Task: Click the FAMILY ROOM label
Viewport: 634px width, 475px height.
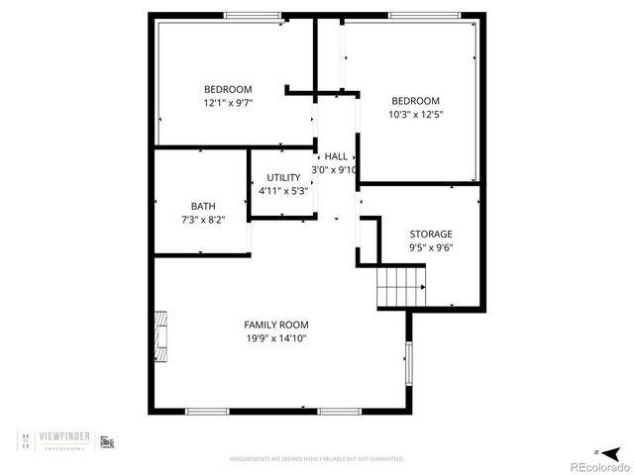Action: coord(276,325)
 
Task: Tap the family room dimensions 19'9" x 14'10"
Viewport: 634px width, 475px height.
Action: coord(276,338)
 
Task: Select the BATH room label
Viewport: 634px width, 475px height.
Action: coord(202,206)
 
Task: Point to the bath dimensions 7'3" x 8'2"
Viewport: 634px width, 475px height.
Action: coord(202,220)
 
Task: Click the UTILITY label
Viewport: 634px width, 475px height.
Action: coord(283,177)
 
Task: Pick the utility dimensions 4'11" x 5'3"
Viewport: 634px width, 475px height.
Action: coord(283,190)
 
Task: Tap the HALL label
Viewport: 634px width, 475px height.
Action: coord(336,156)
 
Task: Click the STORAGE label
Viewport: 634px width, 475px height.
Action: coord(431,235)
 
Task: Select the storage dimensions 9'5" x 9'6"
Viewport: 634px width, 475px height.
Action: coord(431,248)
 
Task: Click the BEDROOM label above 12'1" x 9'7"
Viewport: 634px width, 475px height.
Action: coord(228,88)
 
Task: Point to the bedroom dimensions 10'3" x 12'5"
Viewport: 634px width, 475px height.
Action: coord(415,115)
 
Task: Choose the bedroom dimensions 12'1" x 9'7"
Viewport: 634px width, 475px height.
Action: coord(228,102)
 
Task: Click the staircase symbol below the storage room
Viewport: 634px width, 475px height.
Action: coord(400,288)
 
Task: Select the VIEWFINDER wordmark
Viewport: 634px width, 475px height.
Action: coord(69,436)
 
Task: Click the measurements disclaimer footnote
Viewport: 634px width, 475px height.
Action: coord(317,459)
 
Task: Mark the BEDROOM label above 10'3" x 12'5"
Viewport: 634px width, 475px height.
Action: coord(415,101)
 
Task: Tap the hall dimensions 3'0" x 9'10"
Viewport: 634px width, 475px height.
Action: coord(334,170)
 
